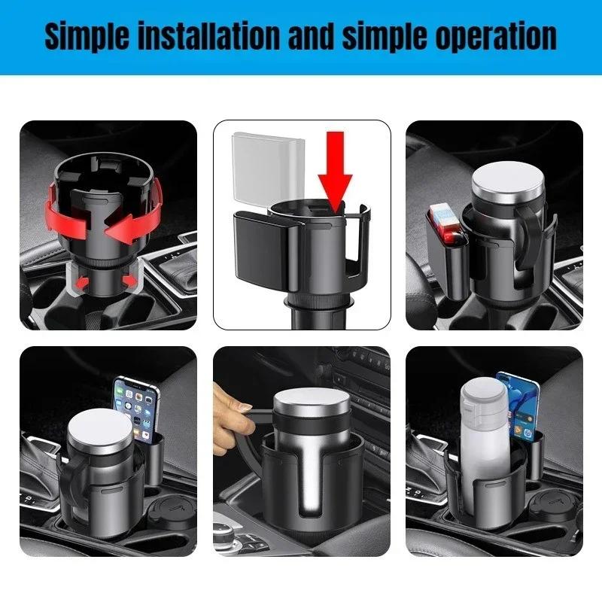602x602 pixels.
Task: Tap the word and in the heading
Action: [309, 35]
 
